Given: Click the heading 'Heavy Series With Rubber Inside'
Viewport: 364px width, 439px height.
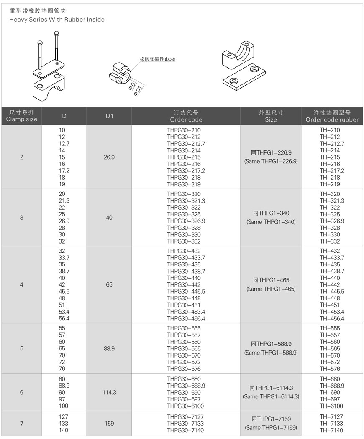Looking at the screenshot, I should coord(57,20).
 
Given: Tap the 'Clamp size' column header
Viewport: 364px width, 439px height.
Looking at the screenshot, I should coord(22,119).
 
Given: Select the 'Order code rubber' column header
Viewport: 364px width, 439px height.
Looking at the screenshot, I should coord(332,119).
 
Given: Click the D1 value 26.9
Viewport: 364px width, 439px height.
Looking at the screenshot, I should coord(109,157).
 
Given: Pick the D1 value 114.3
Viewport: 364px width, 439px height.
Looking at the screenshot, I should coord(109,393).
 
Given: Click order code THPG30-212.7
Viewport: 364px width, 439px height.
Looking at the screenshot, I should coord(186,144).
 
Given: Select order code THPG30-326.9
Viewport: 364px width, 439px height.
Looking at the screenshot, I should coord(186,221).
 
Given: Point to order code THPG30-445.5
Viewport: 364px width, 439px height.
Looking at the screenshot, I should coord(186,292).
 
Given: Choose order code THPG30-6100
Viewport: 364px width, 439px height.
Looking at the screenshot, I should coord(184,406).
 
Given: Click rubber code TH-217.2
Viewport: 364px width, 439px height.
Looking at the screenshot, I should coord(332,171).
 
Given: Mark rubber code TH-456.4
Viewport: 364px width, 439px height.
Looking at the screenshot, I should coord(332,319).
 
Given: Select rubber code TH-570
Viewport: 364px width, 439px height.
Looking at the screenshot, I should coord(330,355).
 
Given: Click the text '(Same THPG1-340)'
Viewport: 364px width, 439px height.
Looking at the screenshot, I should coord(271,222).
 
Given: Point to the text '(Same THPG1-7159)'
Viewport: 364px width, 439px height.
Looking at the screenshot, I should coord(271,428).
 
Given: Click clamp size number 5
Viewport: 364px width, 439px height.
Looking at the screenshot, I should coord(22,348).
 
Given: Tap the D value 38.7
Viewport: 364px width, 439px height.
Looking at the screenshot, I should coord(64,271).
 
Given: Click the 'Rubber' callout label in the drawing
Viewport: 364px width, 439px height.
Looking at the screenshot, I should coord(158,59).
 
